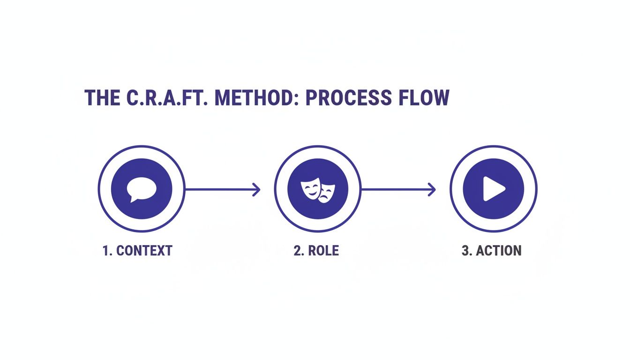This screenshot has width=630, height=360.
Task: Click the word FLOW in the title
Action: [x=424, y=97]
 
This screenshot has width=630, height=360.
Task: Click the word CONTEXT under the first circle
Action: [x=144, y=251]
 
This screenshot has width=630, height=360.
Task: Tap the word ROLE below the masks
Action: [x=324, y=251]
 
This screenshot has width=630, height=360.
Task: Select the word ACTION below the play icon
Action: [x=499, y=251]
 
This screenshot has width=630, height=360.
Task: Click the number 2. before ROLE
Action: [x=299, y=251]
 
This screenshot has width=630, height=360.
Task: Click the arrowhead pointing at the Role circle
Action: [x=256, y=189]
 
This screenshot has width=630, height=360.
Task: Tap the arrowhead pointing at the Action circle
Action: [x=432, y=189]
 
